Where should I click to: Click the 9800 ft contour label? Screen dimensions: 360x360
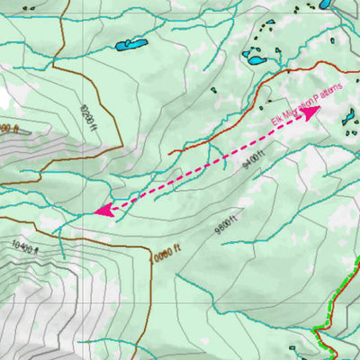pos(225,222)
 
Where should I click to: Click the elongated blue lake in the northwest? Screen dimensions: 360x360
pos(130,45)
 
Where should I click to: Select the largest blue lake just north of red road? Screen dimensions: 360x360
pos(256,61)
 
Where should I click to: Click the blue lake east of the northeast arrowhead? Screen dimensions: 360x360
pos(347,115)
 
